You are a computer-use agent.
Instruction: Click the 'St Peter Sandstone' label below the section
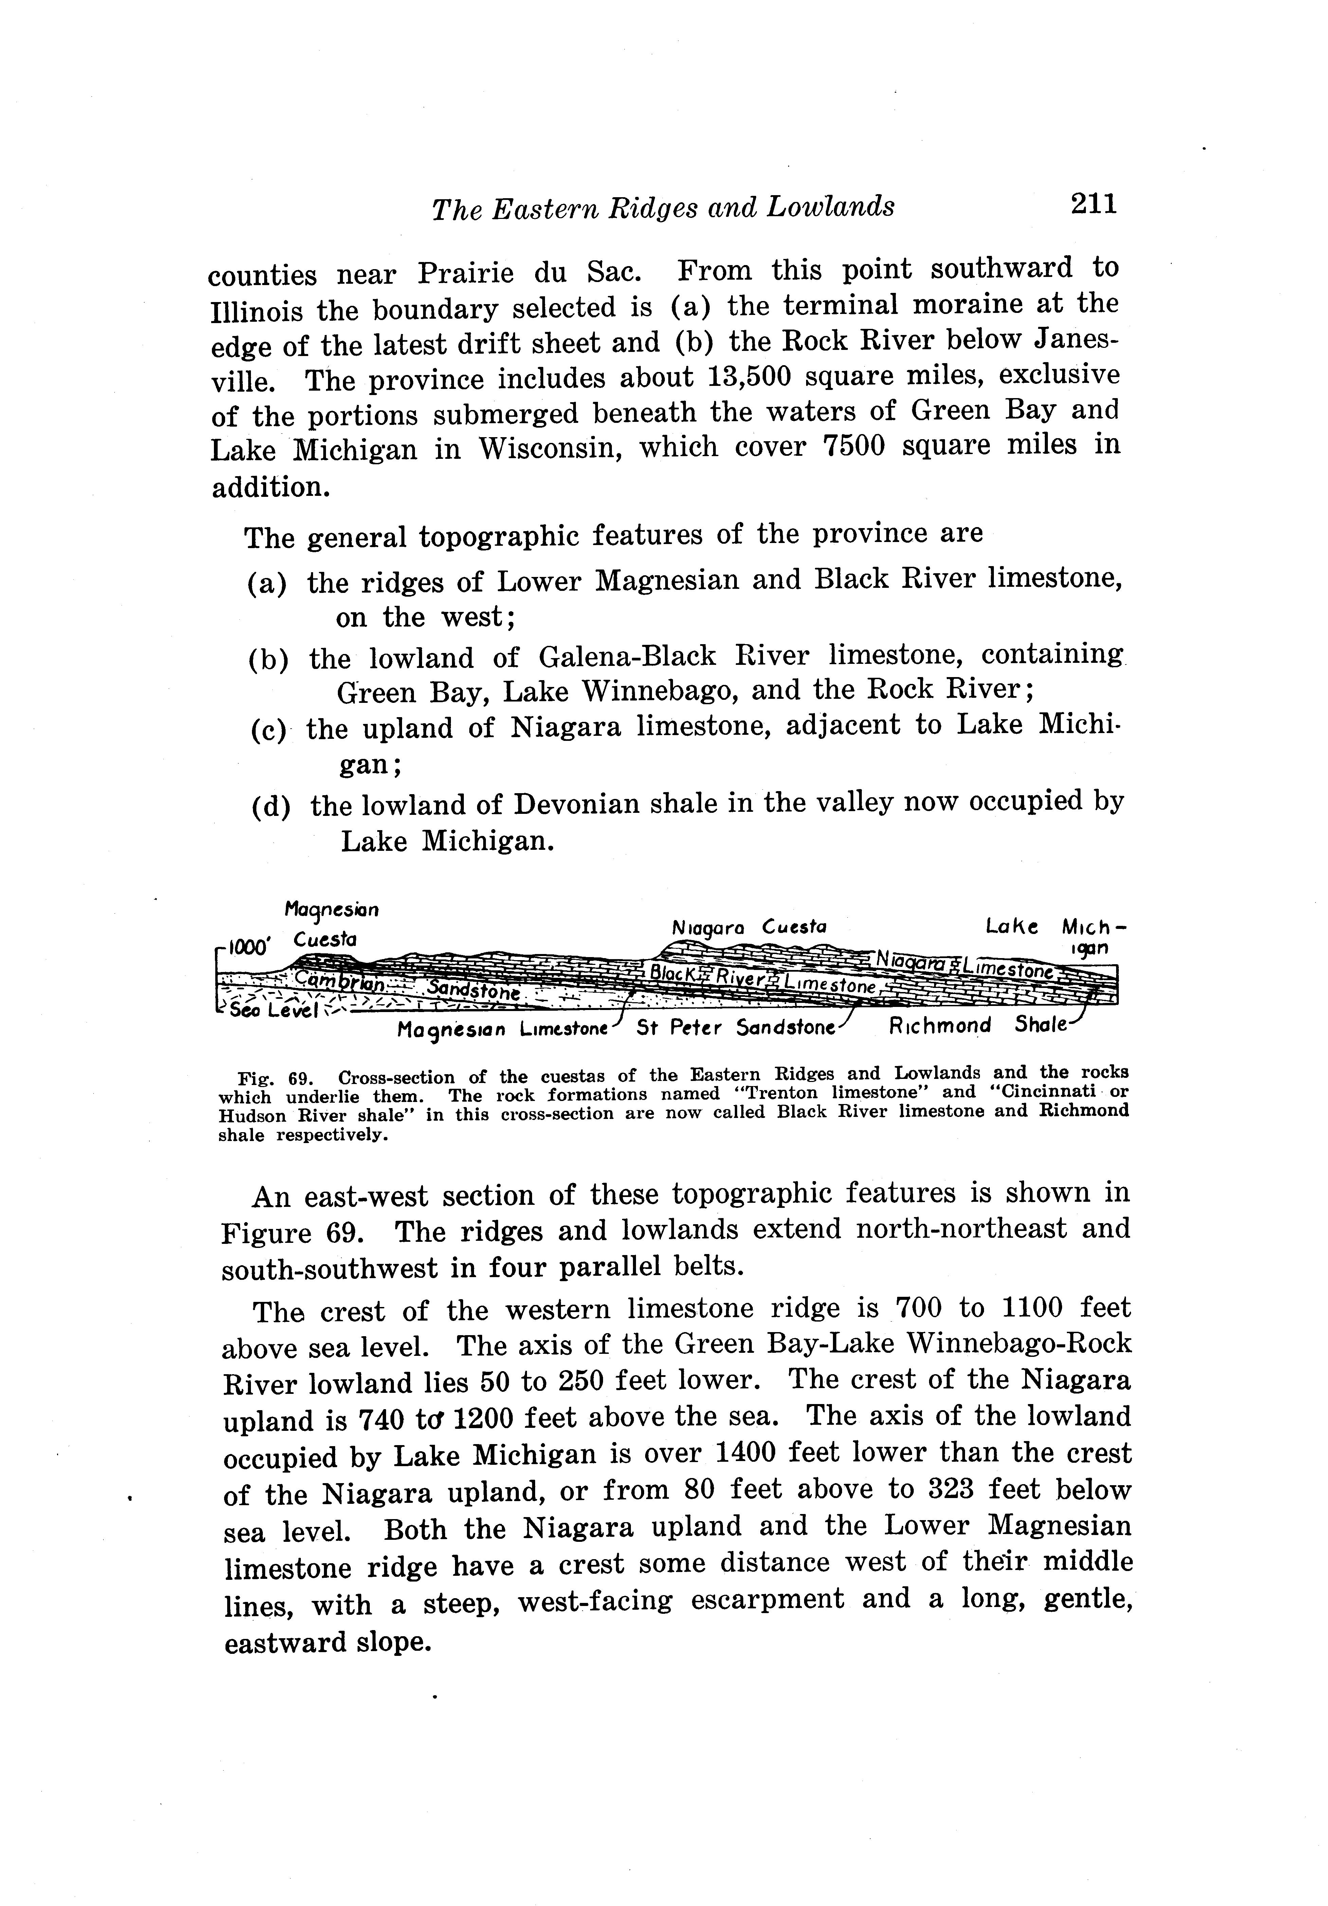click(x=735, y=1028)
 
